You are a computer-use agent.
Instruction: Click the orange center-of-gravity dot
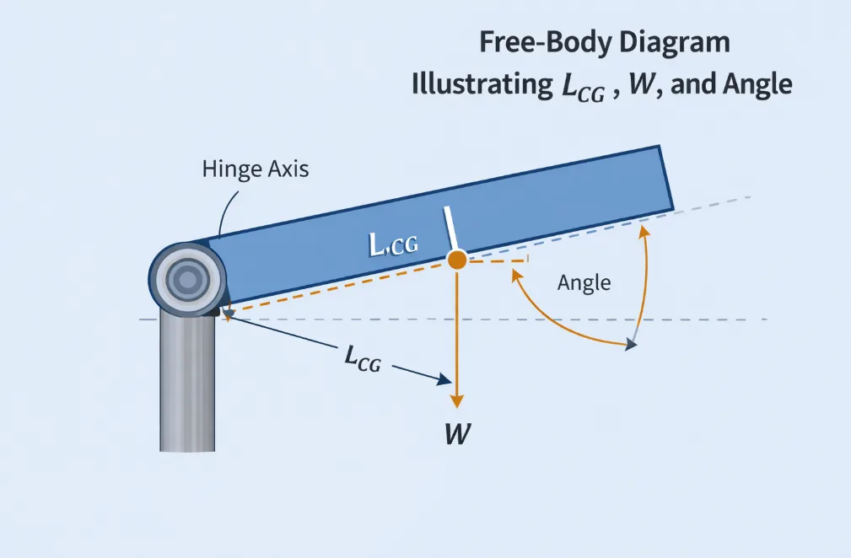click(x=456, y=260)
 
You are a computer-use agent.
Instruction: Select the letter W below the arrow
click(x=458, y=434)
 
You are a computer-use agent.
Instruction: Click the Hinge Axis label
click(x=256, y=169)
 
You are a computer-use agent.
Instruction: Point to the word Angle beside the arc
click(x=584, y=283)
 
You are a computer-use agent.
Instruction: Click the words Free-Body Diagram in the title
click(x=604, y=44)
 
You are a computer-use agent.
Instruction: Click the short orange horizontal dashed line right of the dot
click(x=498, y=260)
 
